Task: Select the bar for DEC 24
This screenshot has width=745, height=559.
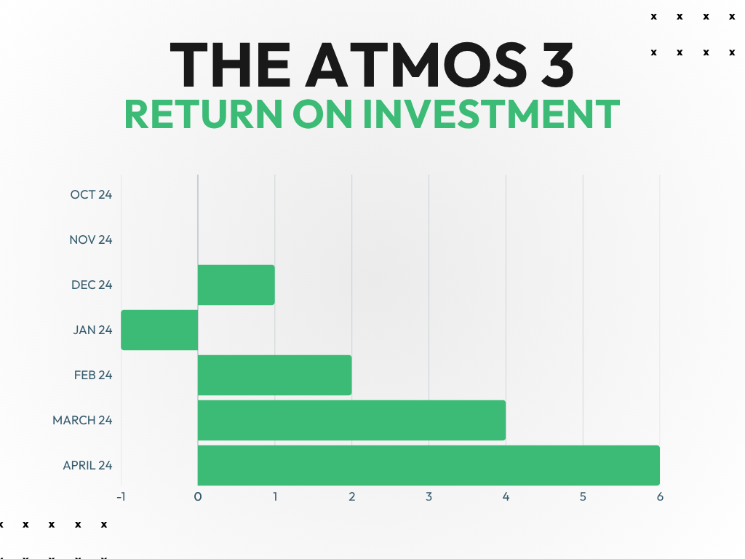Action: coord(236,285)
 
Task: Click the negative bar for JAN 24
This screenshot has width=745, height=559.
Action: coord(159,330)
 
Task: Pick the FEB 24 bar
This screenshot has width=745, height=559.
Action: coord(274,375)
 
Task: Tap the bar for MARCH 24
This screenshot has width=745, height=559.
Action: coord(351,420)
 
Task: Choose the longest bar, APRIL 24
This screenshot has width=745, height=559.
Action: coord(429,465)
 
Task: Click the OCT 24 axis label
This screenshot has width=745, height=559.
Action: coord(91,194)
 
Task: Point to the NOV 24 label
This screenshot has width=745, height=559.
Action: coord(91,239)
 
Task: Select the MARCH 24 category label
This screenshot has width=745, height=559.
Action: coord(82,420)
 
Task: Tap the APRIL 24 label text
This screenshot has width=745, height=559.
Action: coord(87,465)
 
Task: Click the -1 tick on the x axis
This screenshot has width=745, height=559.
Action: coord(121,496)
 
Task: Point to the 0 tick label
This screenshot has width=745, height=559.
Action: coord(198,496)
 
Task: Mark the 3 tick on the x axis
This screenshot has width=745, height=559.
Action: coord(429,496)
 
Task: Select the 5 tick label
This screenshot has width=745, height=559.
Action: coord(583,496)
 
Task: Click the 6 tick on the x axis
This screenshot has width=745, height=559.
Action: coord(660,496)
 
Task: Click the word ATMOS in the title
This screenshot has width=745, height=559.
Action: coord(416,65)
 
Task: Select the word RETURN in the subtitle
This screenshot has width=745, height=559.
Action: coord(204,114)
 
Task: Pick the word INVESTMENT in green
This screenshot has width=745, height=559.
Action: coord(492,114)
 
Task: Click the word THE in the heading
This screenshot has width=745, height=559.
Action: coord(230,65)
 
